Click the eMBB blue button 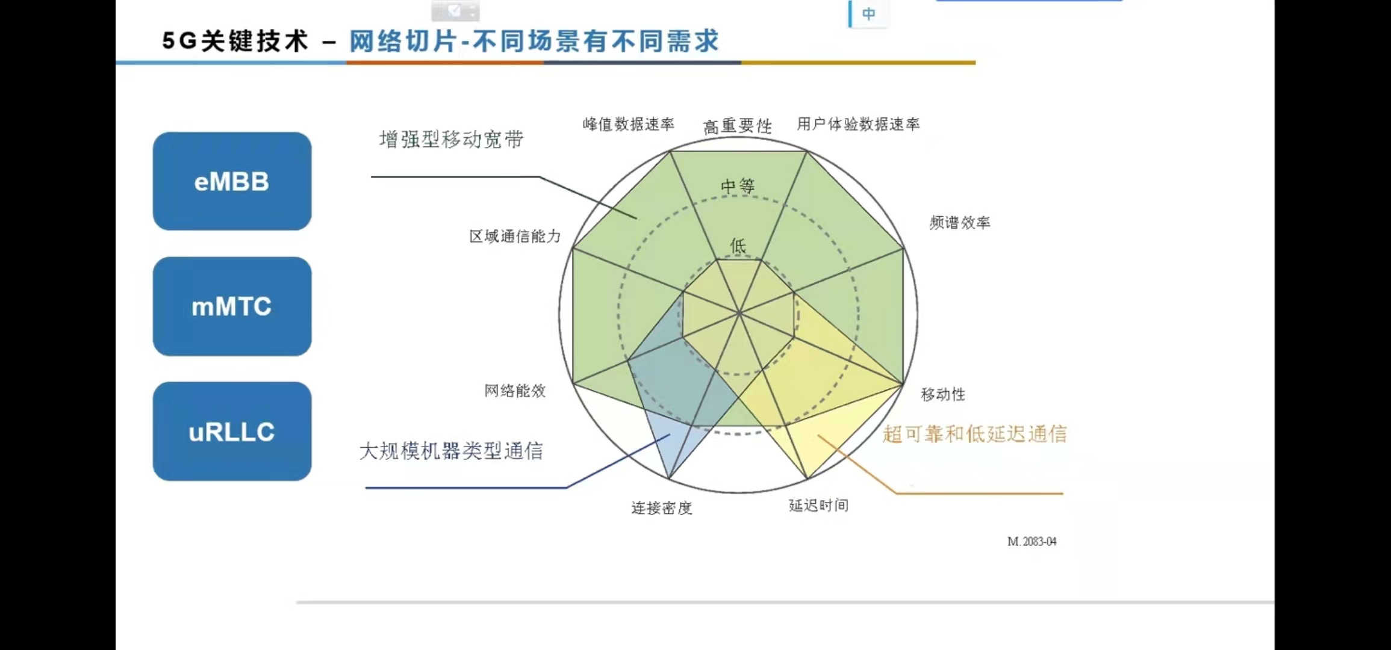point(232,181)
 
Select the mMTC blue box point(232,306)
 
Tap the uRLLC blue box point(232,432)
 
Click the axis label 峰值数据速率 point(628,124)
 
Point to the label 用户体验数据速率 point(858,124)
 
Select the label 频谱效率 point(959,223)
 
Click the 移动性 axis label point(943,394)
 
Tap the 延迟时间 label point(818,506)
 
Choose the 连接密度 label point(661,508)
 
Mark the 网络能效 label point(515,391)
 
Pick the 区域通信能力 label point(515,236)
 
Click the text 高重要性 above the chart point(737,126)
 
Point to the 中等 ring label point(738,186)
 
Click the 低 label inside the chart point(738,246)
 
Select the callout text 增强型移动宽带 point(451,140)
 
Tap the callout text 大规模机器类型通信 point(451,451)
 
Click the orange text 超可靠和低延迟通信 point(974,434)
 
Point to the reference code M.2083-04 point(1032,542)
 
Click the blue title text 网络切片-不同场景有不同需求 point(534,42)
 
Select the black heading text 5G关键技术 point(235,42)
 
